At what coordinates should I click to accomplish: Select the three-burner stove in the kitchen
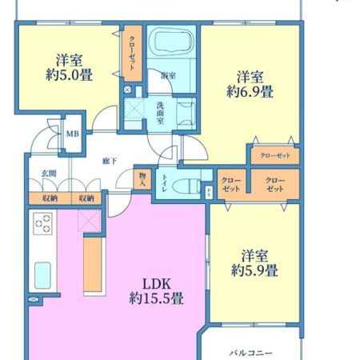(42, 224)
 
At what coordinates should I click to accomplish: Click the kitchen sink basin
(42, 275)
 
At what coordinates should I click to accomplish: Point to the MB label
(73, 134)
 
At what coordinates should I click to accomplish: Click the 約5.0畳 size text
(69, 74)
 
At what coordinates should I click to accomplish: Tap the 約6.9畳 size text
(250, 91)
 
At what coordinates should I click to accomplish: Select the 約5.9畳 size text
(254, 270)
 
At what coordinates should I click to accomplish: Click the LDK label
(157, 284)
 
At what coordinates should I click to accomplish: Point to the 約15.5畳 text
(156, 298)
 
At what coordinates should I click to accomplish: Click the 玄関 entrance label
(49, 174)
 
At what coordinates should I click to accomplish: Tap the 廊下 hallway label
(110, 161)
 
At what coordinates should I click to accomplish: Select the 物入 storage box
(142, 179)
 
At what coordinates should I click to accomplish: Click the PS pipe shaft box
(209, 192)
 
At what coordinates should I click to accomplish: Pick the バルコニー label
(251, 354)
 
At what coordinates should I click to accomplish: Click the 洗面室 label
(160, 113)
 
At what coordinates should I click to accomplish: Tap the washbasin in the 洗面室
(186, 114)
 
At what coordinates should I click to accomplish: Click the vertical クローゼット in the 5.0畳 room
(132, 53)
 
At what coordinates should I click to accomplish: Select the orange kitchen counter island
(93, 264)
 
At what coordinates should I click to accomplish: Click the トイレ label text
(165, 183)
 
